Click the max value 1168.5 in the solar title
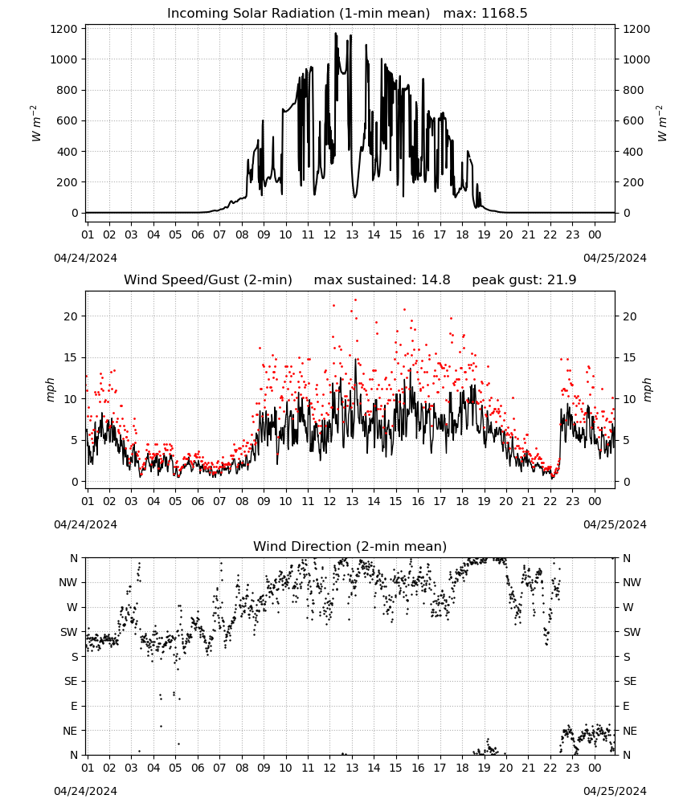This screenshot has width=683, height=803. click(504, 14)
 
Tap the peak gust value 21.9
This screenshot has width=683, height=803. click(562, 280)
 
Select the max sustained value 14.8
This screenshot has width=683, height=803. click(436, 280)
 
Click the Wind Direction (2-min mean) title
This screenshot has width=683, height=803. click(350, 546)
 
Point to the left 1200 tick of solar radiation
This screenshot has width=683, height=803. click(63, 29)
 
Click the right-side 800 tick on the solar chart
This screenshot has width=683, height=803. click(633, 90)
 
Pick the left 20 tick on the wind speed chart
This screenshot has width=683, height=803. click(71, 316)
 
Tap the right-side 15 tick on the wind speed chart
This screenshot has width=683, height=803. click(629, 357)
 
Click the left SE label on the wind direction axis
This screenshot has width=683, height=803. click(71, 681)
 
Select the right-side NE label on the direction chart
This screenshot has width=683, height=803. click(630, 731)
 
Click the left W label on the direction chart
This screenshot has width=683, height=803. click(72, 607)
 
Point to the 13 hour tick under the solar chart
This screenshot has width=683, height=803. click(352, 234)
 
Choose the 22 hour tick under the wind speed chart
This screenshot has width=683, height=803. click(550, 501)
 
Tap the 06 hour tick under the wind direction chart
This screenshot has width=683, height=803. click(198, 768)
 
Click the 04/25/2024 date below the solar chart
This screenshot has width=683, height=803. click(615, 258)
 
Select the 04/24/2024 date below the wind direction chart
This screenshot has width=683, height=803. click(85, 791)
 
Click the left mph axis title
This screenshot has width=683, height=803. click(50, 389)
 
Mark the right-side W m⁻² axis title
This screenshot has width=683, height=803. click(661, 124)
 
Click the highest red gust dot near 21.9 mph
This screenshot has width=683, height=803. click(356, 300)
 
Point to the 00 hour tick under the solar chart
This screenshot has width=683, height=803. click(595, 234)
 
